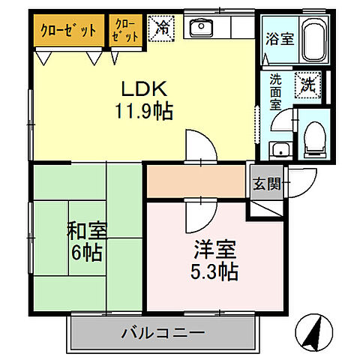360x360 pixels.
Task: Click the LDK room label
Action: [143, 89]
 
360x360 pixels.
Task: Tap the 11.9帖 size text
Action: [143, 112]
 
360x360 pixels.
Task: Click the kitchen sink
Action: [201, 29]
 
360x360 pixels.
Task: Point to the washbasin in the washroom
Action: [279, 148]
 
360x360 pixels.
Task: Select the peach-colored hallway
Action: [196, 183]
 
